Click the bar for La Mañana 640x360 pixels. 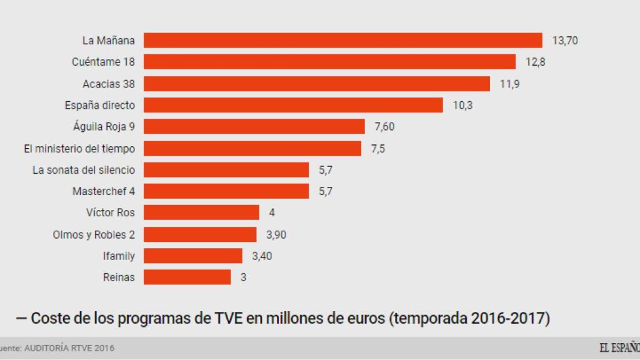click(x=343, y=41)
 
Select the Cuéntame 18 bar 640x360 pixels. click(x=329, y=62)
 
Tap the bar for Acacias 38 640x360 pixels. click(x=317, y=84)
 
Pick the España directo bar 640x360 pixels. click(x=293, y=105)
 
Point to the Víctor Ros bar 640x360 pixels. click(x=201, y=212)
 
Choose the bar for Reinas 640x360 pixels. click(x=187, y=277)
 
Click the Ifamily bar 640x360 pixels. click(x=193, y=256)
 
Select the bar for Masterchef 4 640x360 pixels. click(x=226, y=191)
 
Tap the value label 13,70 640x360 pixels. click(x=566, y=41)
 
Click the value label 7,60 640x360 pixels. click(x=384, y=127)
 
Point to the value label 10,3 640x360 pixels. click(x=462, y=105)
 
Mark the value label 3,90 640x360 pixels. click(x=276, y=234)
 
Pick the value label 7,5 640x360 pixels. click(x=378, y=148)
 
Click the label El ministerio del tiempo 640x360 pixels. click(x=79, y=148)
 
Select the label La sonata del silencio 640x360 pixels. click(x=83, y=169)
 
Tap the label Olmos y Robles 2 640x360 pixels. click(x=94, y=234)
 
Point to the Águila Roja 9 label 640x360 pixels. click(x=104, y=127)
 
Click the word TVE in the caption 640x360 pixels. click(x=224, y=319)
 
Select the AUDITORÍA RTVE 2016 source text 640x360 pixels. click(x=69, y=347)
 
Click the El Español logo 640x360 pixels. click(x=619, y=347)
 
